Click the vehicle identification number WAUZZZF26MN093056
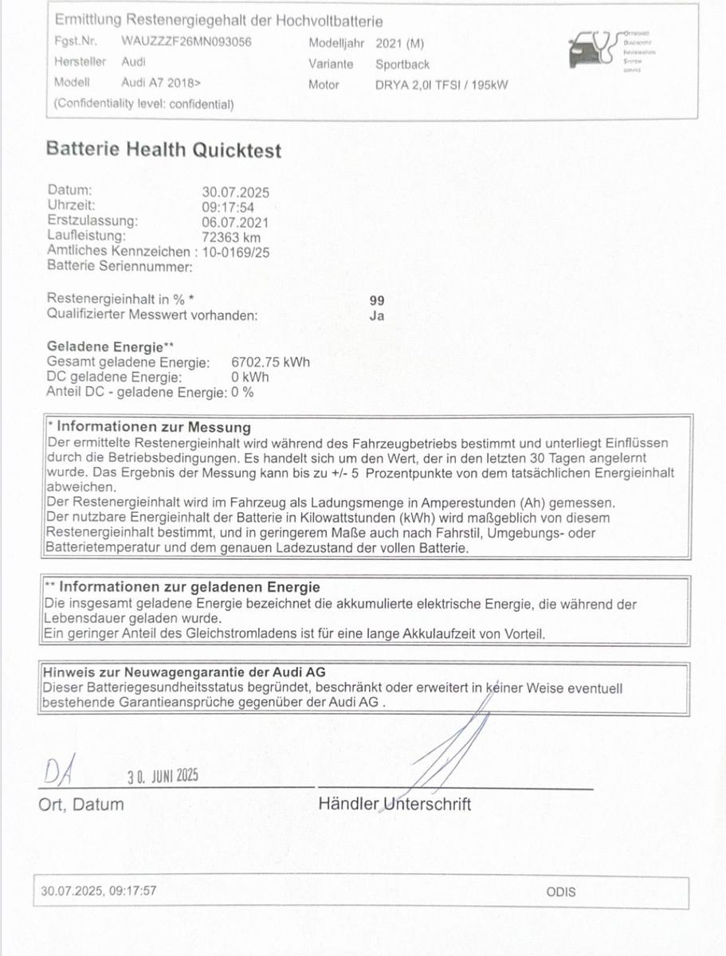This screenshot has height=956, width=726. pos(186,42)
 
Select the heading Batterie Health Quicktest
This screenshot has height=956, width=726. pos(163,150)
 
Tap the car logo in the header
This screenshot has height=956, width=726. pos(593,51)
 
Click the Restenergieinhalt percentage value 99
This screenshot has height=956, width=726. pos(377,300)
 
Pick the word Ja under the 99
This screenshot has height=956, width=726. pos(377,315)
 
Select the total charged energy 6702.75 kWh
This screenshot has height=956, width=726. pos(270,362)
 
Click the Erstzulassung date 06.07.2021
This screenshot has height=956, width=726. pos(235,222)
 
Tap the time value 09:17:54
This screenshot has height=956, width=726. pos(228,207)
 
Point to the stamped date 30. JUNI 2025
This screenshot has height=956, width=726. pos(162,777)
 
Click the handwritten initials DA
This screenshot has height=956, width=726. pos(61,771)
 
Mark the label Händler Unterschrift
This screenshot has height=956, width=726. pos(394,805)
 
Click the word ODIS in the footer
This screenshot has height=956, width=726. pos(561,892)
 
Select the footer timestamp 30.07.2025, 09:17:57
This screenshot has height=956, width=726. pos(99,891)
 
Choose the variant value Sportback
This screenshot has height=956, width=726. pos(402,64)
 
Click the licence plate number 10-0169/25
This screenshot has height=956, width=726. pos(236,252)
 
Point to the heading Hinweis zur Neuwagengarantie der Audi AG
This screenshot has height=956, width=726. pos(184,672)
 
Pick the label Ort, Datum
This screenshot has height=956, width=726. pos(81,805)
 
